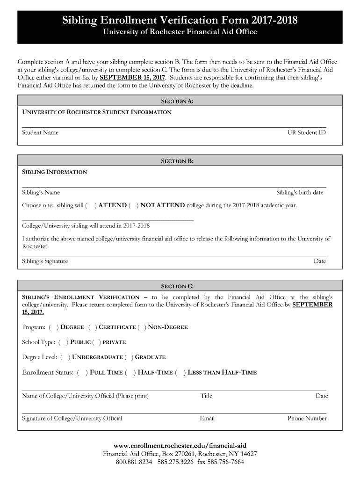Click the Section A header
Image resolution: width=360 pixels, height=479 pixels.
pos(177,101)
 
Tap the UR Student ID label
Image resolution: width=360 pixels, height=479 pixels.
pos(306,132)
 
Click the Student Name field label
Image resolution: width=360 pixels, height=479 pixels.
pos(40,132)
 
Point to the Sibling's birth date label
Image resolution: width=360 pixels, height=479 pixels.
pos(299,192)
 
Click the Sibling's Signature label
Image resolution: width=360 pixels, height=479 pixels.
pos(45,261)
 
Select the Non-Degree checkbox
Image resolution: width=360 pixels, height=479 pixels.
pos(141,327)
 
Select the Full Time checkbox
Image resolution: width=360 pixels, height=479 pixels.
pos(82,372)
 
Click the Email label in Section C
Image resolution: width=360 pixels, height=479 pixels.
pos(207,418)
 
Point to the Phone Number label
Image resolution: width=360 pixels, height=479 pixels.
pos(307,418)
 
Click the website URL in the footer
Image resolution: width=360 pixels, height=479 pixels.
pos(180,445)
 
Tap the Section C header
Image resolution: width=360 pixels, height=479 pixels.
pos(177,286)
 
